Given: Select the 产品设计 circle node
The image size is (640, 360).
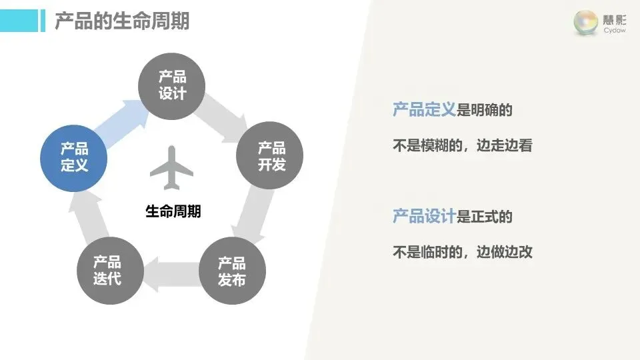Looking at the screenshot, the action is tap(172, 85).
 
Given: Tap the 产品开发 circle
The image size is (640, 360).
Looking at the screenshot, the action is tap(270, 156).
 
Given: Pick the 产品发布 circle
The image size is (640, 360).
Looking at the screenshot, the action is tap(232, 271).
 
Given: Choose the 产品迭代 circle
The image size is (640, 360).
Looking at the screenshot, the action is tap(108, 270).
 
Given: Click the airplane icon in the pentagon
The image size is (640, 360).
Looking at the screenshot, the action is tap(171, 167).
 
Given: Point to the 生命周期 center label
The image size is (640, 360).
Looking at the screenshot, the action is tap(173, 212).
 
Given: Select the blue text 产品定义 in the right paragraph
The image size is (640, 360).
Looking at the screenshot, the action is tap(424, 110).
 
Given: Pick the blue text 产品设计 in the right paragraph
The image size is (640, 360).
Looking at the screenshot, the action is tap(424, 217).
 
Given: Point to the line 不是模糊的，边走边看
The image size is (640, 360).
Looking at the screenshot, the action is tap(463, 146).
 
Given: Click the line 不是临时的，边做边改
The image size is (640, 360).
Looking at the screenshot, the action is tap(463, 253).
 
